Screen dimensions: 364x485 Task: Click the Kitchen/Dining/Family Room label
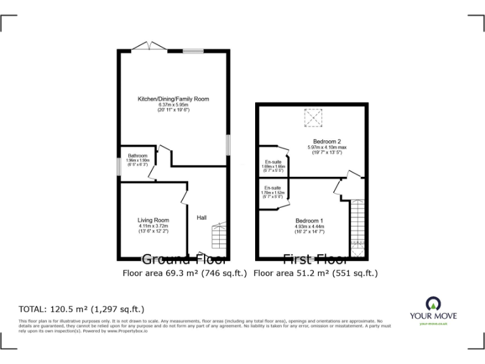point(173,99)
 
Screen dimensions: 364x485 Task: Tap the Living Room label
point(153,220)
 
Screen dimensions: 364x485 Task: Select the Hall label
point(201,217)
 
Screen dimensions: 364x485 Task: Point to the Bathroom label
point(138,155)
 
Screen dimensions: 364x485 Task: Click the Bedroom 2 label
point(327,141)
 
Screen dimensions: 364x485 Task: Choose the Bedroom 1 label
point(309,221)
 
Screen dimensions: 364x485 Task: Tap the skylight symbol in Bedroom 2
point(313,117)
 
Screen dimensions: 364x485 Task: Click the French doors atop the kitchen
point(148,46)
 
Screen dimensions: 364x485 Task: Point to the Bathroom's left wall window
point(118,167)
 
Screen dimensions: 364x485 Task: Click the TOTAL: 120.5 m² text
point(82,309)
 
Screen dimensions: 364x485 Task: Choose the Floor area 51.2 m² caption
point(316,274)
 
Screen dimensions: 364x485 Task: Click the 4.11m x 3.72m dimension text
point(153,226)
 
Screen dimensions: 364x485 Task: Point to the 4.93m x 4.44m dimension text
point(309,226)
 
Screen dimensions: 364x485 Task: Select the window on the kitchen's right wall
point(228,143)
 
